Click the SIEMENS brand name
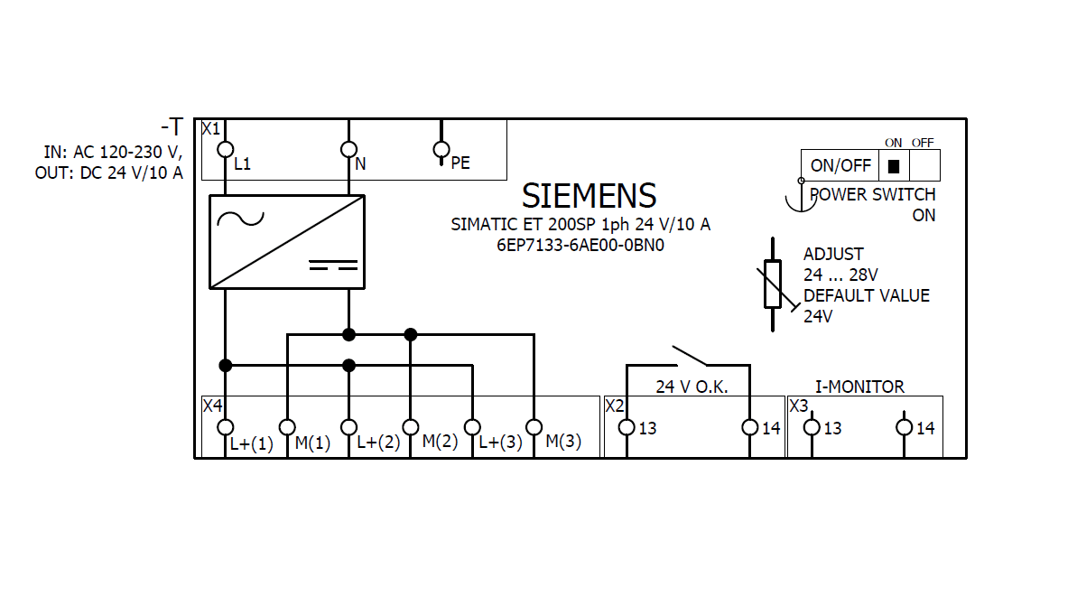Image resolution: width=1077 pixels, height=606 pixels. pyautogui.click(x=589, y=196)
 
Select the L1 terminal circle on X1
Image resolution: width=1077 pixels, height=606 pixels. pyautogui.click(x=226, y=149)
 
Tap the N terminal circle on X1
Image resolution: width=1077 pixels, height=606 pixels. pyautogui.click(x=348, y=149)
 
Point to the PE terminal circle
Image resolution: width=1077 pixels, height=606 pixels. pyautogui.click(x=441, y=149)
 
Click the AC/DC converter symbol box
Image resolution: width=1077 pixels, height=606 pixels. pyautogui.click(x=287, y=242)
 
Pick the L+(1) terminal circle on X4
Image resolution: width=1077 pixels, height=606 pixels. pyautogui.click(x=226, y=426)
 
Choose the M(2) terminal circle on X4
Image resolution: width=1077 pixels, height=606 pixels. pyautogui.click(x=410, y=426)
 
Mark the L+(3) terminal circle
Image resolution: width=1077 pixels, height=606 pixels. pyautogui.click(x=471, y=426)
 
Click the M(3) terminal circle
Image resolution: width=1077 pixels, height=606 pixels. pyautogui.click(x=534, y=426)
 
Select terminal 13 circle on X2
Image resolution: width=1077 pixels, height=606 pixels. pyautogui.click(x=627, y=427)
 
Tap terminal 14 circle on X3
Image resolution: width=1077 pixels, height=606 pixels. pyautogui.click(x=905, y=427)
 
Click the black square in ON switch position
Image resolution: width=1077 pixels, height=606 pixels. pyautogui.click(x=894, y=166)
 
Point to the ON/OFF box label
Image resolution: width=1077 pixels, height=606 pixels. pyautogui.click(x=840, y=166)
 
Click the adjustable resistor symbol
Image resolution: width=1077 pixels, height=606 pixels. pyautogui.click(x=773, y=284)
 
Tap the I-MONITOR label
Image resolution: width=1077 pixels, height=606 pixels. pyautogui.click(x=859, y=387)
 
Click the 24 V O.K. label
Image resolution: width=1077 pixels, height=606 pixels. pyautogui.click(x=692, y=387)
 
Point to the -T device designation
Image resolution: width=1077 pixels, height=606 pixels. pyautogui.click(x=172, y=127)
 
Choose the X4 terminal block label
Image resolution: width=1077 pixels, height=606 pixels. pyautogui.click(x=212, y=405)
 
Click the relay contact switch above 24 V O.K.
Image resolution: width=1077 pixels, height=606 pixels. pyautogui.click(x=688, y=354)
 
